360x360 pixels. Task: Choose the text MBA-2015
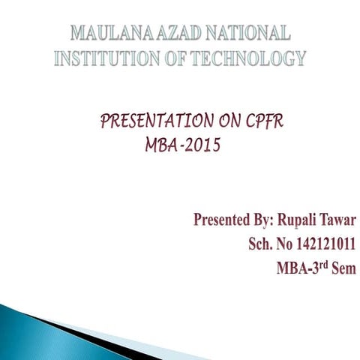tap(182, 145)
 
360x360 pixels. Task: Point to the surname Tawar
tap(337, 220)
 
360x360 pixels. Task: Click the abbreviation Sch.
tap(260, 244)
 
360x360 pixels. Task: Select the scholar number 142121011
tap(325, 244)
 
